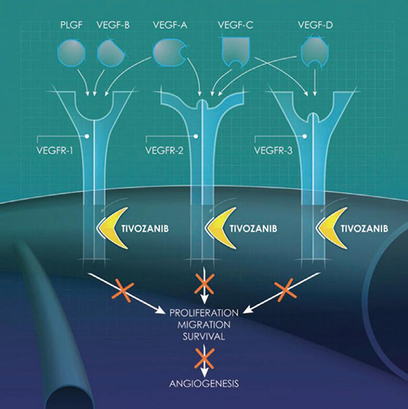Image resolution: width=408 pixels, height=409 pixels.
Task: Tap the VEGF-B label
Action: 114,25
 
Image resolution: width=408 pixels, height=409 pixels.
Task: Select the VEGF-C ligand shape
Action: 236,50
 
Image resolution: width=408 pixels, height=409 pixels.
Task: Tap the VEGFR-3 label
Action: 272,146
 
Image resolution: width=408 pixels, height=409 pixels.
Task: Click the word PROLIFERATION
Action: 204,312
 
